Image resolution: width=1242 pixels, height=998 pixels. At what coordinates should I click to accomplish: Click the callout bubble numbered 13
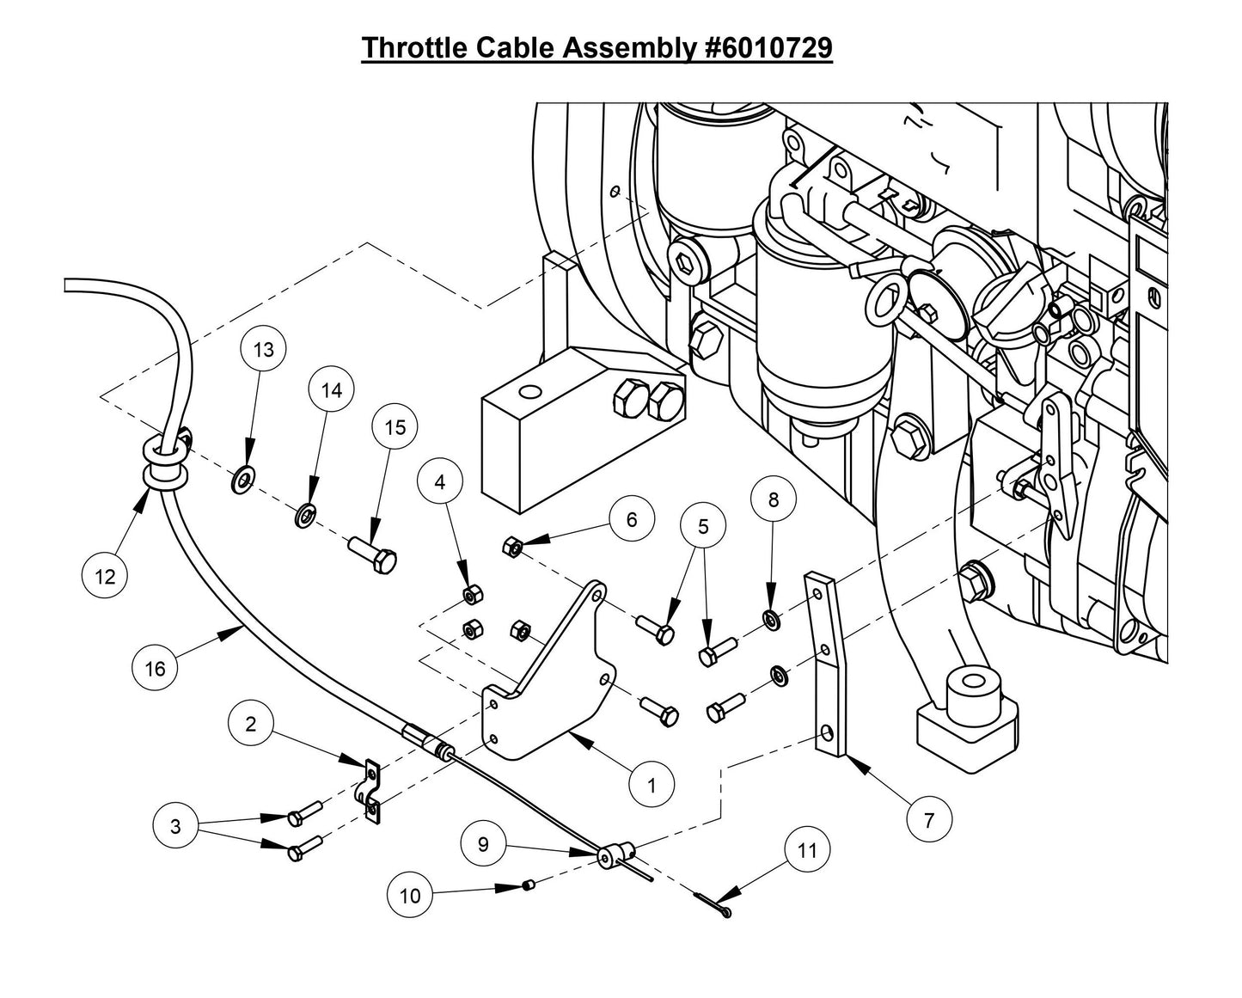click(x=264, y=350)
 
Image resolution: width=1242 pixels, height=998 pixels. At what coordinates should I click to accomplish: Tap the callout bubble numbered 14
click(x=332, y=390)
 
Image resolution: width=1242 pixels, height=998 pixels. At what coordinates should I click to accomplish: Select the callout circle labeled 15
click(x=395, y=427)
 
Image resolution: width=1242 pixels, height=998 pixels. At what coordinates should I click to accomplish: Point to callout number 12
click(x=105, y=577)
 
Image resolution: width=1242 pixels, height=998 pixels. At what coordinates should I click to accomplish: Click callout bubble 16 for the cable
click(x=155, y=668)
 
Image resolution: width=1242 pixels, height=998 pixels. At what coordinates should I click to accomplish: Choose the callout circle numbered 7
click(x=928, y=820)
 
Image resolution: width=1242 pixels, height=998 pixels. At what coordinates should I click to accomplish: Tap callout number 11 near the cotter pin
click(x=807, y=851)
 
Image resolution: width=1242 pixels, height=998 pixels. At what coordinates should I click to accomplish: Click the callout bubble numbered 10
click(x=411, y=896)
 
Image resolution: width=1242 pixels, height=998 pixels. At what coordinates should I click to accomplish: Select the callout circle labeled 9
click(x=483, y=844)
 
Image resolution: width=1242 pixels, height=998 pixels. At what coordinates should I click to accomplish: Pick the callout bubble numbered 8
click(x=774, y=499)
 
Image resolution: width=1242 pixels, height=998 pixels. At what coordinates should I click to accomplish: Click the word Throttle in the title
click(x=414, y=48)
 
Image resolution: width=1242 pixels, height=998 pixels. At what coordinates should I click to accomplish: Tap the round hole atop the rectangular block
click(x=531, y=394)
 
